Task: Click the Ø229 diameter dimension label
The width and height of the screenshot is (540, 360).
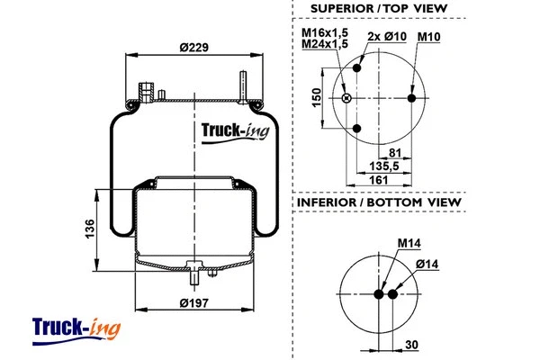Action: [193, 48]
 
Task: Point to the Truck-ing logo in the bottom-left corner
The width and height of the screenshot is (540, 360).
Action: [76, 327]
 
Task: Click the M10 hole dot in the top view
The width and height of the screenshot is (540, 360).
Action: [412, 98]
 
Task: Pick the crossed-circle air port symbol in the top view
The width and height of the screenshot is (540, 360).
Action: [347, 98]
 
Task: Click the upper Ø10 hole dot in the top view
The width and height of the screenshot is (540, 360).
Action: [359, 68]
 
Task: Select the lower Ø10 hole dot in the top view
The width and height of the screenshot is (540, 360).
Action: [359, 129]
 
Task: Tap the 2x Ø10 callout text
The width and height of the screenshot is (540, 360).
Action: [387, 37]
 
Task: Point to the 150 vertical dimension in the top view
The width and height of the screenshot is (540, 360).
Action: [317, 97]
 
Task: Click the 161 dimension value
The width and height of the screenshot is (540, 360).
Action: [381, 181]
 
